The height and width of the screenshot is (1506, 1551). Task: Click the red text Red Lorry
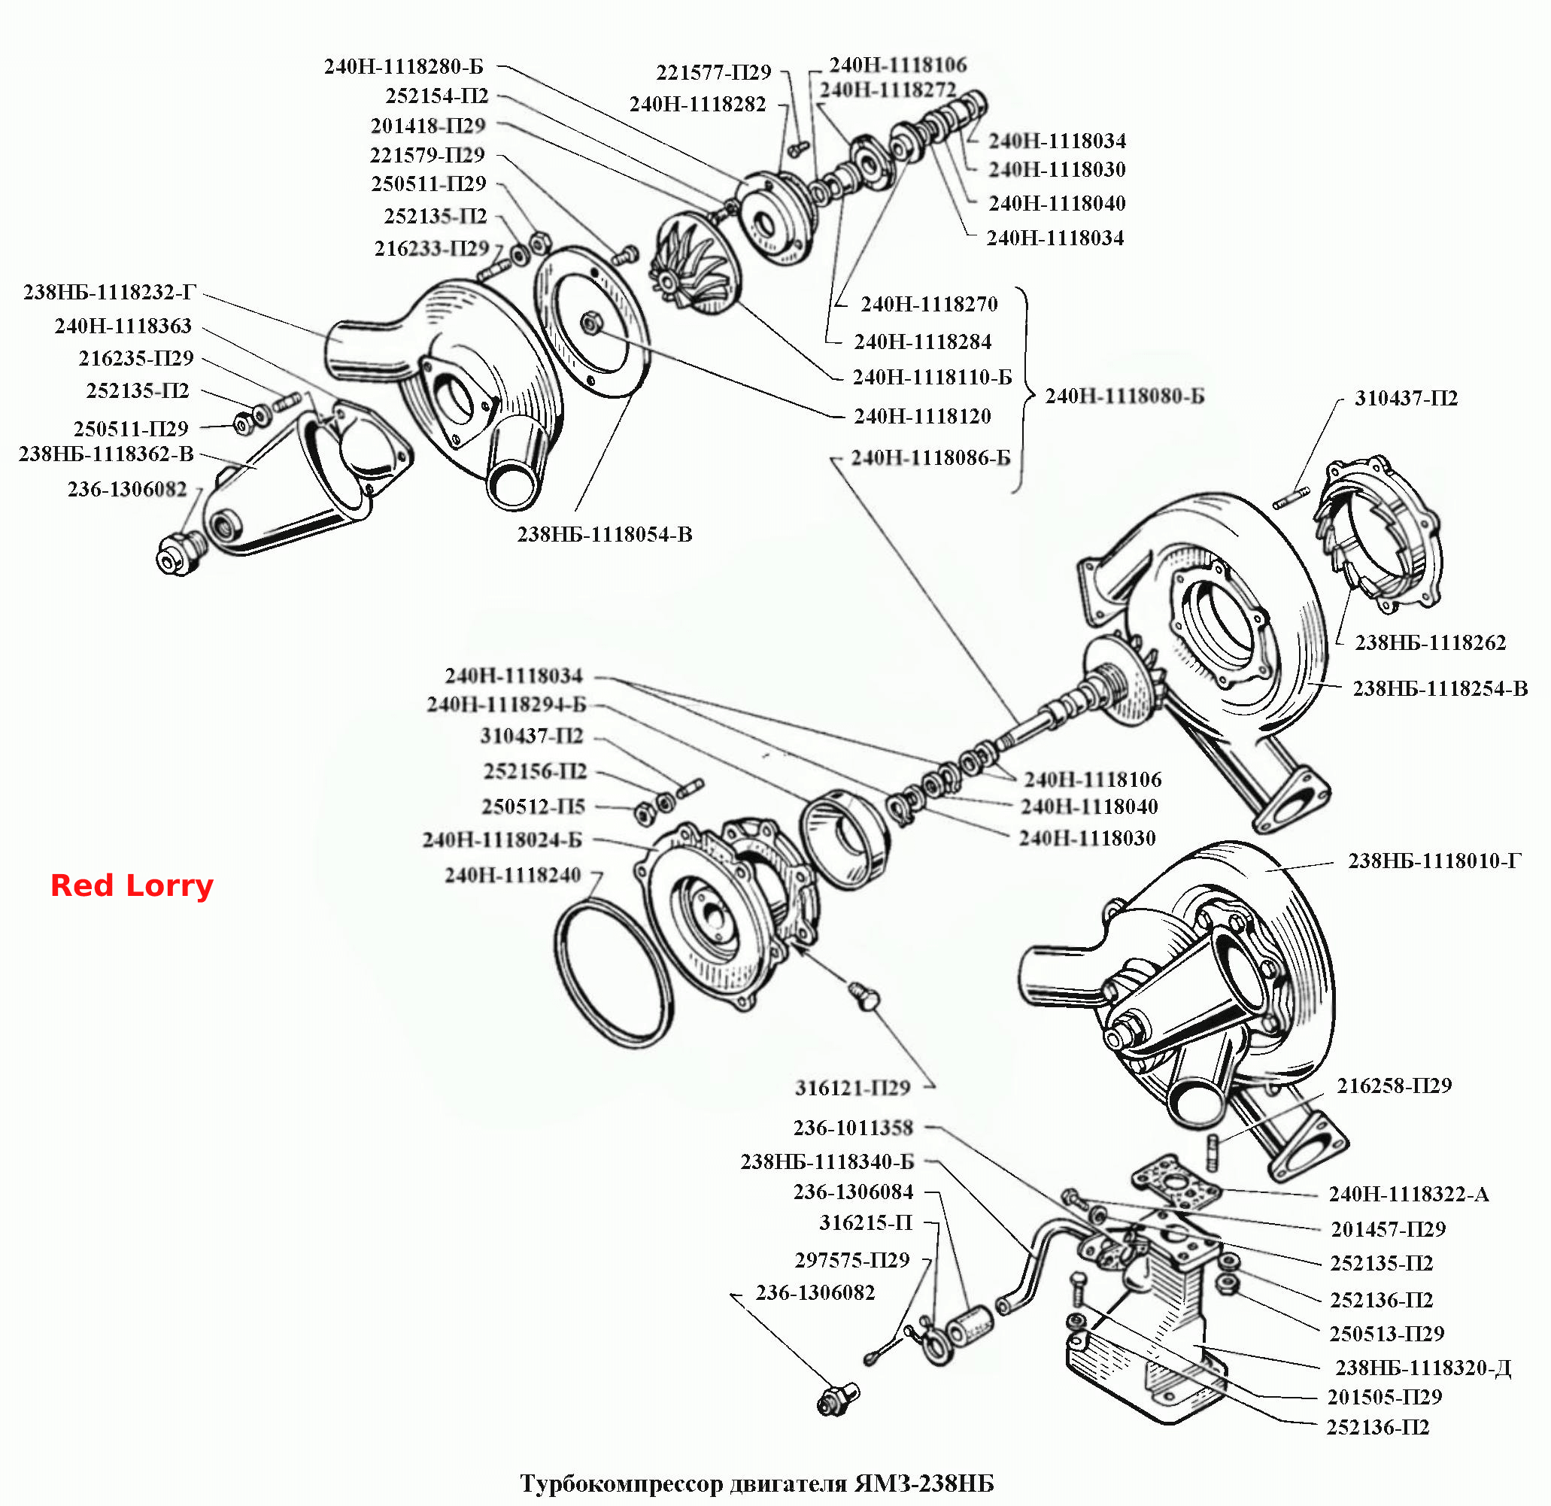point(132,885)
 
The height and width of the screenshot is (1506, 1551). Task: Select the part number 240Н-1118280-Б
point(404,66)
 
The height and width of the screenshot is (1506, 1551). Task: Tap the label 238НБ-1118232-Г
point(109,292)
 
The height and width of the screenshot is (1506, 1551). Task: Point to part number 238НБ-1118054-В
point(605,535)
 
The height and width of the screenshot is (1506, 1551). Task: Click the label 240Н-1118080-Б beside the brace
point(1125,396)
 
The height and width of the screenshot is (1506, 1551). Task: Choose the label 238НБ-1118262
point(1430,642)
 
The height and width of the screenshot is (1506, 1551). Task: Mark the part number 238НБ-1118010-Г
point(1434,861)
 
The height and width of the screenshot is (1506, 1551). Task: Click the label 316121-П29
point(852,1089)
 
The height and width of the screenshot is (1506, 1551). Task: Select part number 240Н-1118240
point(513,876)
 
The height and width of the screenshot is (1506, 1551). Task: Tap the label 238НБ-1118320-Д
point(1423,1368)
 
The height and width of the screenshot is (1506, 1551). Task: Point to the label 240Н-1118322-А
point(1409,1195)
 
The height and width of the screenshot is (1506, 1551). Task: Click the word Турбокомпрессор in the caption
point(621,1483)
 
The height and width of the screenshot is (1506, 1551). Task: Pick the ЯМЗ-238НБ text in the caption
point(924,1483)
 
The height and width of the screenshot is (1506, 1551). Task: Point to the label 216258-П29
point(1395,1085)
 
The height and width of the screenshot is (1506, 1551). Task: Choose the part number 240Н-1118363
point(123,326)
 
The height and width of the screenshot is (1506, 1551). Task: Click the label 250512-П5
point(533,806)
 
